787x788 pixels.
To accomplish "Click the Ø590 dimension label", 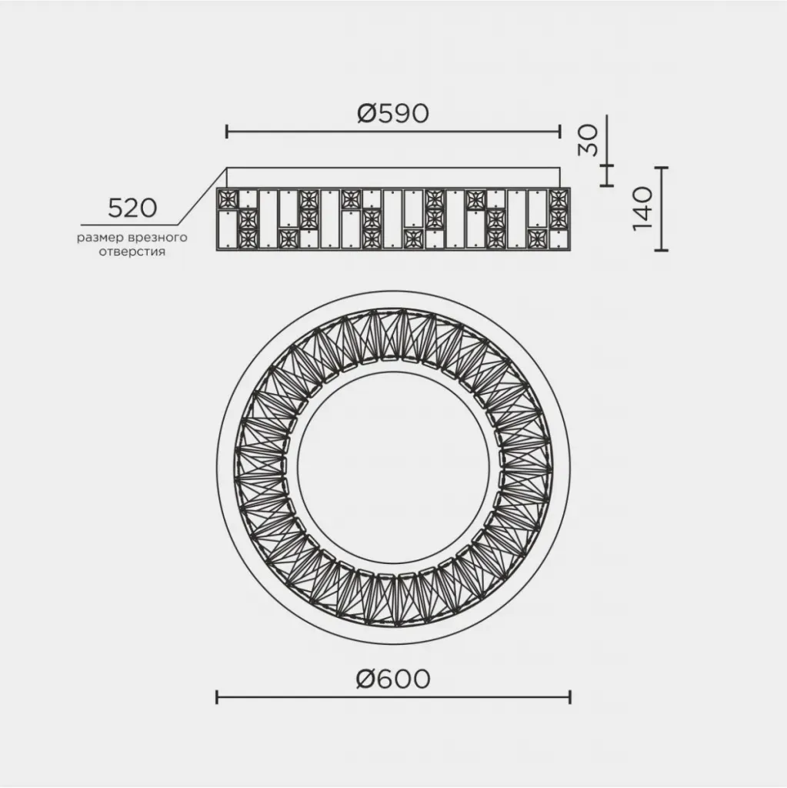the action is (x=393, y=113).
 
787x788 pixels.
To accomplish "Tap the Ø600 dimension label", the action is (x=393, y=679).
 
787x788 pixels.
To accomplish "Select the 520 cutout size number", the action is (x=132, y=208).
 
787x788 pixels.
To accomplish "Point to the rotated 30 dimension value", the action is (x=589, y=140).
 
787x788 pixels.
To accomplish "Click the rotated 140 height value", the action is (x=642, y=209).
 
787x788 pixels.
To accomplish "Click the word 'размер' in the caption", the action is (x=99, y=238).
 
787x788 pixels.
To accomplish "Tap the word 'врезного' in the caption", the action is (x=157, y=237).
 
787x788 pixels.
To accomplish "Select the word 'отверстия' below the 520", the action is (x=132, y=252).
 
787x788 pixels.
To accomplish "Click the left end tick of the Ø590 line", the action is (x=227, y=132).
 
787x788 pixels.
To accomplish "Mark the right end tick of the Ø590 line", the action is (x=559, y=132).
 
